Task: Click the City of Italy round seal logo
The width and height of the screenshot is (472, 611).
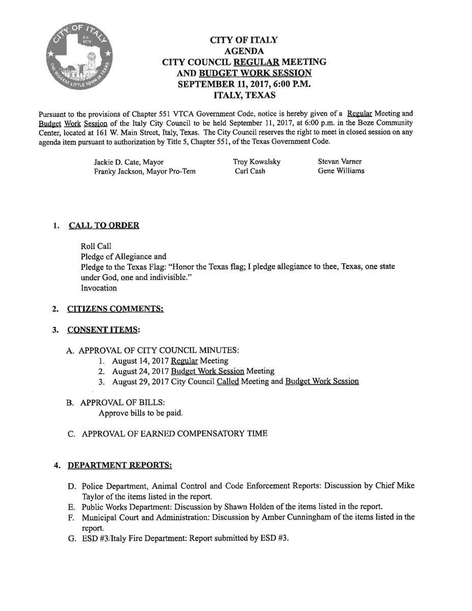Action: pos(79,55)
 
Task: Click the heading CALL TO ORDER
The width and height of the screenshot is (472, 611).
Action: pos(104,226)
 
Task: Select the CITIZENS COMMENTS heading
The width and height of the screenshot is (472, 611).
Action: pos(116,309)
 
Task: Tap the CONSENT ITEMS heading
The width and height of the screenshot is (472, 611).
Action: pos(103,329)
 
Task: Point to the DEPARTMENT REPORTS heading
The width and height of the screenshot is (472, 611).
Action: pos(120,465)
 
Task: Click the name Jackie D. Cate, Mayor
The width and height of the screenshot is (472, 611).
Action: pos(129,162)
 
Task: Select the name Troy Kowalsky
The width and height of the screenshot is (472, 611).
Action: pos(257,161)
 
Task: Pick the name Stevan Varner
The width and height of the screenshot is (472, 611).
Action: pos(340,161)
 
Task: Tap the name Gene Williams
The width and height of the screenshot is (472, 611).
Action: pos(341,171)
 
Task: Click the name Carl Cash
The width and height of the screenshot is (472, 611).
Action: pos(250,171)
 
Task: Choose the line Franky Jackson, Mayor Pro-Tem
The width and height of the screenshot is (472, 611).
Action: pos(145,172)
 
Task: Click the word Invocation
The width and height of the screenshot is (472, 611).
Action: pos(99,288)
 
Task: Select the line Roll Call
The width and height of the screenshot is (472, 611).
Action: pos(96,246)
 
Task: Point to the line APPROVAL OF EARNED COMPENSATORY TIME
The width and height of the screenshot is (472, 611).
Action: pos(174,434)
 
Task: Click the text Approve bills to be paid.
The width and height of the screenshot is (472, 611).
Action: pos(141,413)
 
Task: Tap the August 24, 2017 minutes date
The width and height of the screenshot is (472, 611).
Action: pos(141,371)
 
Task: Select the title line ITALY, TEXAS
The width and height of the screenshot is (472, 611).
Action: pos(244,95)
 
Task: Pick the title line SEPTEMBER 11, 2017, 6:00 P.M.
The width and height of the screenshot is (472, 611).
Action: pos(244,84)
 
